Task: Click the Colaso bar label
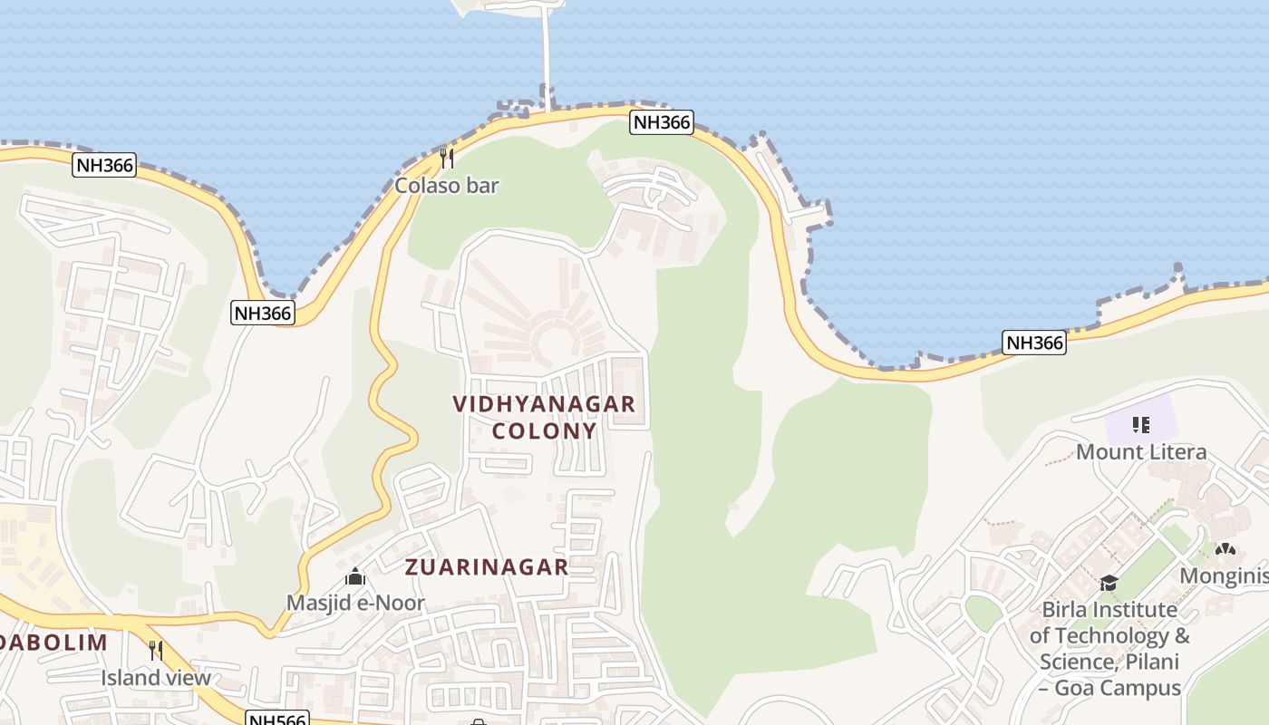click(x=446, y=186)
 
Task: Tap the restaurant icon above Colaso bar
click(x=446, y=159)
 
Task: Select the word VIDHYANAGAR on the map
click(x=544, y=404)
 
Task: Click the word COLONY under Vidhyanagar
click(x=544, y=430)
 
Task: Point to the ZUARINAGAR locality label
click(x=487, y=567)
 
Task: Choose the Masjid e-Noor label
click(x=355, y=603)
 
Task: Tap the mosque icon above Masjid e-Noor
click(x=355, y=576)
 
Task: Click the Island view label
click(x=156, y=678)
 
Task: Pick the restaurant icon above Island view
click(x=156, y=650)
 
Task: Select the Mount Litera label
click(x=1141, y=451)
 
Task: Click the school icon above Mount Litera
click(x=1141, y=424)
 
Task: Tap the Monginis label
click(x=1223, y=576)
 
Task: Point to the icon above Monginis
click(x=1225, y=549)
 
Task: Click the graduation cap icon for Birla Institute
click(x=1109, y=583)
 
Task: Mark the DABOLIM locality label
click(x=53, y=643)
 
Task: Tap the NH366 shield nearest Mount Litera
click(x=1034, y=343)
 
